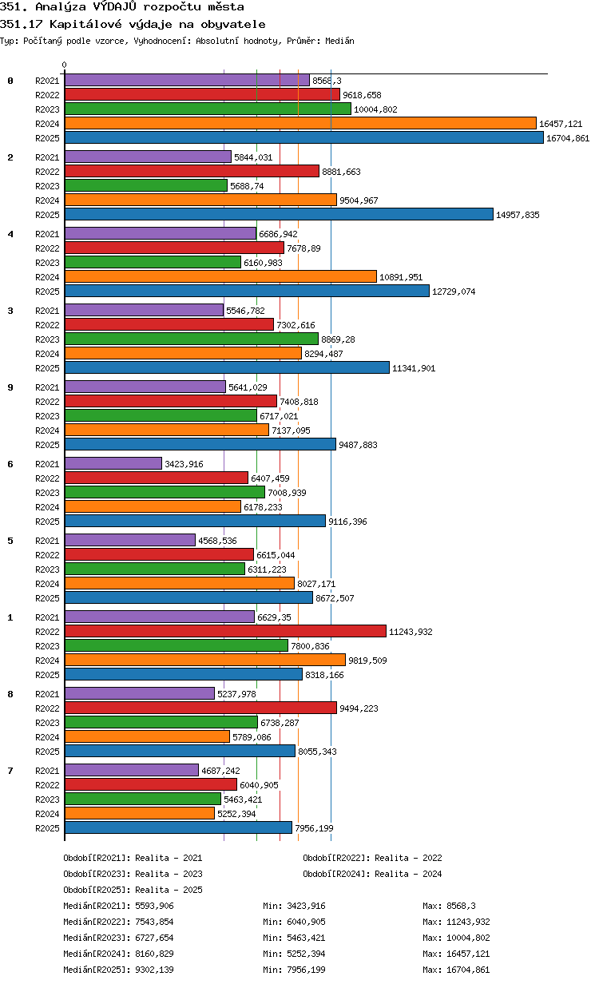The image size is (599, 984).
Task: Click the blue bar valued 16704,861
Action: (x=304, y=138)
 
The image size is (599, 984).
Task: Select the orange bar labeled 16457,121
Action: (x=301, y=124)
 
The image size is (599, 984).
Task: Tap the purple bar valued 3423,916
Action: (x=113, y=463)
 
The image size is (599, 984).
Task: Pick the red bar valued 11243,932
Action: (x=226, y=631)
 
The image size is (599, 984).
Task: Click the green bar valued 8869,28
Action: (x=192, y=339)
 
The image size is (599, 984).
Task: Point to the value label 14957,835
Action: (x=518, y=215)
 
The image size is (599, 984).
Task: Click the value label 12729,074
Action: (x=454, y=292)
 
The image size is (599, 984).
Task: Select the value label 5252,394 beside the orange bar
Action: (x=236, y=814)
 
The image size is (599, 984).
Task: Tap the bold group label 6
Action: (x=10, y=464)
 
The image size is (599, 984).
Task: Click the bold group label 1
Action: (x=10, y=617)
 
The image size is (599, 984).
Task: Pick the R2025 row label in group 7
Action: (x=47, y=828)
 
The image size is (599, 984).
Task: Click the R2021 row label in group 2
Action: (x=47, y=157)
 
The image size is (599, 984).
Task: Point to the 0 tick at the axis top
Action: (x=65, y=65)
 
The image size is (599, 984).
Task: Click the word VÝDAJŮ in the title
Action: (x=115, y=6)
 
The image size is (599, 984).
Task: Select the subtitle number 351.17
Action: (x=21, y=24)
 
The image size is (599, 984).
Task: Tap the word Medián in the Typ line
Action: (x=339, y=41)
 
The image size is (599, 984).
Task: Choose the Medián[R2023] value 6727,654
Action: (x=155, y=938)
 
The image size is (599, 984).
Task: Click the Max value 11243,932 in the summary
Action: (x=468, y=922)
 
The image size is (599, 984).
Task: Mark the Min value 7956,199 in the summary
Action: (x=306, y=970)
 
